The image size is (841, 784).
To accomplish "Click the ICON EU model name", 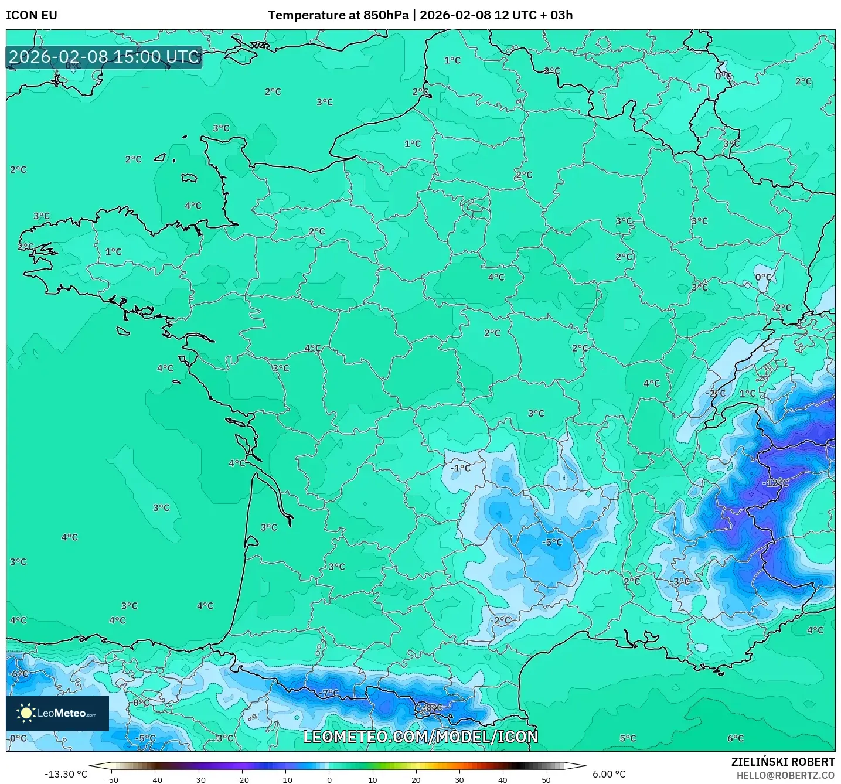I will coord(32,15).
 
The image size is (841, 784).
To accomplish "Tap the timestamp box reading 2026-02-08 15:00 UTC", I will coord(104,57).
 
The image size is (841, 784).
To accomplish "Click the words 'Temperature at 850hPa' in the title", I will coord(338,15).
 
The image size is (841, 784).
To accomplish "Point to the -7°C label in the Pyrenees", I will coord(329,693).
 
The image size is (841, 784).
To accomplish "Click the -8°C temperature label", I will coord(433,708).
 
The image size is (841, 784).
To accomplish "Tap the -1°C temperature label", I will coord(461,468).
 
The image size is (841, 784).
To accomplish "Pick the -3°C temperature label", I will coord(680,582).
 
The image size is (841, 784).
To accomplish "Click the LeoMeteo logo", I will coord(57,713).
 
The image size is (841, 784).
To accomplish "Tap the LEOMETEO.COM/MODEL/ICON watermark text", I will coord(420,737).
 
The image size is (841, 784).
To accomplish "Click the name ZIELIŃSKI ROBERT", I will coord(783,762).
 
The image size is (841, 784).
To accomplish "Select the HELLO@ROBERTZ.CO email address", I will coord(785,775).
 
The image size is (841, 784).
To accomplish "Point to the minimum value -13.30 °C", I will coord(66,774).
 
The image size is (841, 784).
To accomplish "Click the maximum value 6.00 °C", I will coord(609,774).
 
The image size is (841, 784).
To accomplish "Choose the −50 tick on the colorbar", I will coord(111,780).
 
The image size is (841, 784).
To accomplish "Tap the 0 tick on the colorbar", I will coord(329,780).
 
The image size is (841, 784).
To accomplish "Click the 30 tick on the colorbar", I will coord(459,780).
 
